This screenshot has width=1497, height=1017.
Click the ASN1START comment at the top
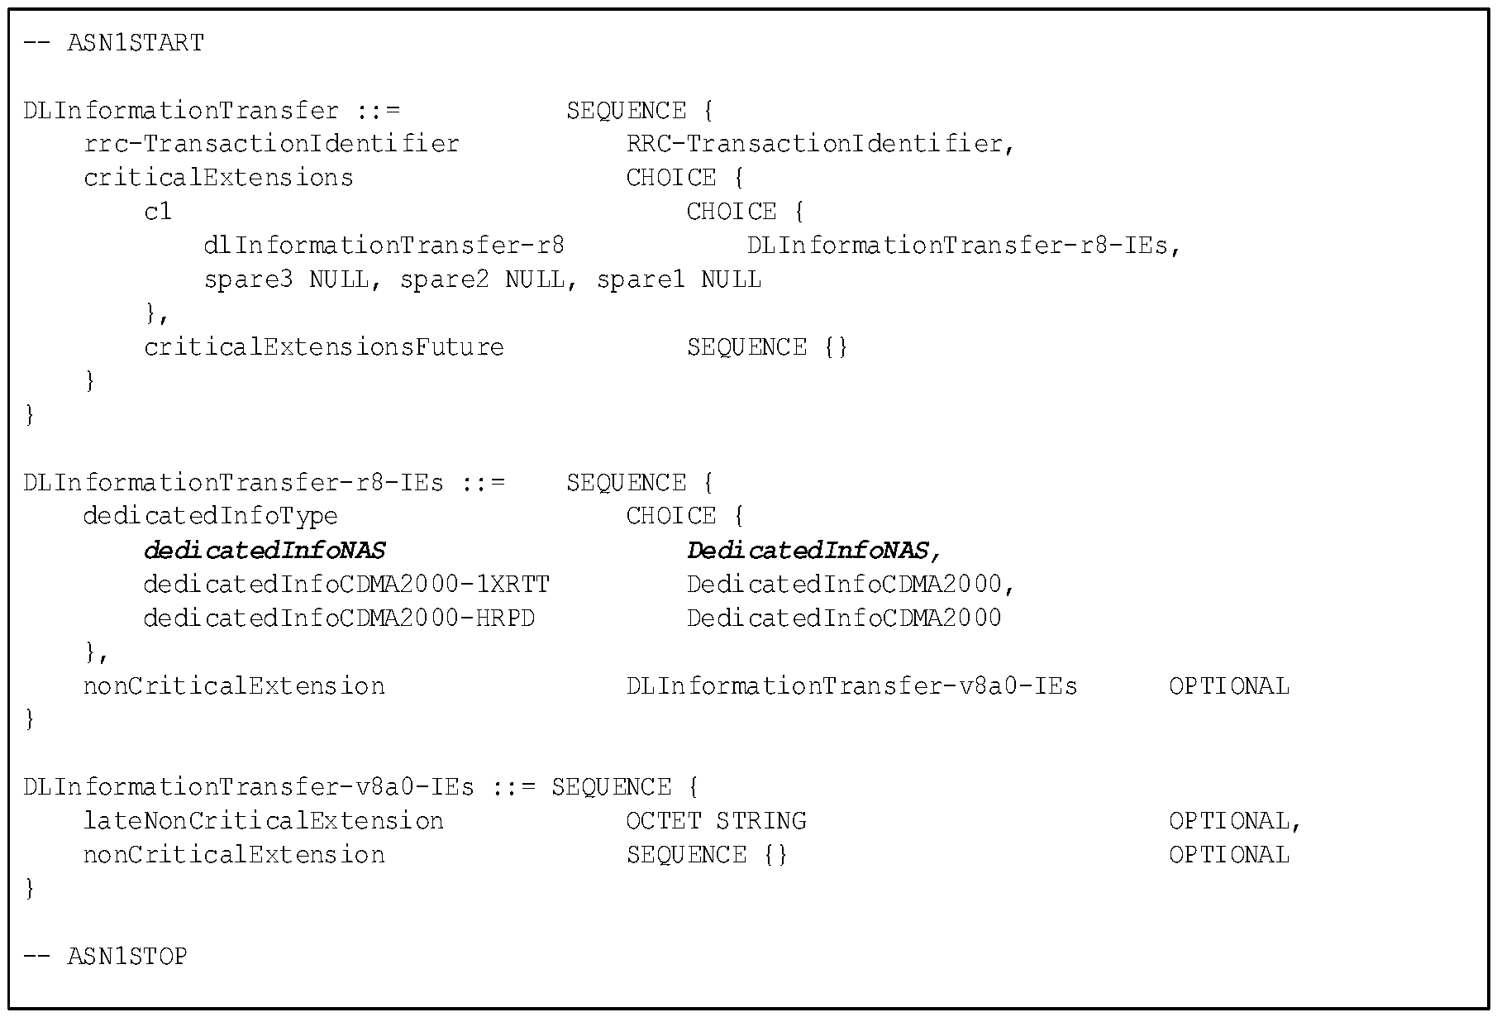pyautogui.click(x=114, y=43)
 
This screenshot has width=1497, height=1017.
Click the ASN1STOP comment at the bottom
pyautogui.click(x=106, y=957)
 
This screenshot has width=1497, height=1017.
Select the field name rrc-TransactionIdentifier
pyautogui.click(x=272, y=144)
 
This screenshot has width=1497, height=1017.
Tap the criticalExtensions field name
pyautogui.click(x=219, y=178)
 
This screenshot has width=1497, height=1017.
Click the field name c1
pyautogui.click(x=159, y=212)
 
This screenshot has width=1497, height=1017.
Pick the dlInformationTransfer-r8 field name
pyautogui.click(x=384, y=246)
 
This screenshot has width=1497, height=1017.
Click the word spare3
pyautogui.click(x=249, y=280)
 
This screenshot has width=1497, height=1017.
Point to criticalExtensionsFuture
pyautogui.click(x=324, y=347)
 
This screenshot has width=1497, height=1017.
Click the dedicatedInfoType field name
pyautogui.click(x=211, y=517)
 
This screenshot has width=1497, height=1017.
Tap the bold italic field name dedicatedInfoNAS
pyautogui.click(x=265, y=551)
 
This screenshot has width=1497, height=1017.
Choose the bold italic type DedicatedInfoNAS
pyautogui.click(x=808, y=551)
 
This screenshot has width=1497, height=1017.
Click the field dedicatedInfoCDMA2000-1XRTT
pyautogui.click(x=347, y=585)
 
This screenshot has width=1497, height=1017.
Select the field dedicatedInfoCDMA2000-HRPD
pyautogui.click(x=340, y=618)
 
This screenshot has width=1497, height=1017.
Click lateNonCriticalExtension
pyautogui.click(x=264, y=821)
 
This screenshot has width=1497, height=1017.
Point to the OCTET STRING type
pyautogui.click(x=717, y=821)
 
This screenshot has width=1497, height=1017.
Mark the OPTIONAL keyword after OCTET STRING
pyautogui.click(x=1229, y=821)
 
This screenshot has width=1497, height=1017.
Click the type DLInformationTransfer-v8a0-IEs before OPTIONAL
pyautogui.click(x=852, y=686)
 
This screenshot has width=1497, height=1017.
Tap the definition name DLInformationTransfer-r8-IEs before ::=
pyautogui.click(x=234, y=483)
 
